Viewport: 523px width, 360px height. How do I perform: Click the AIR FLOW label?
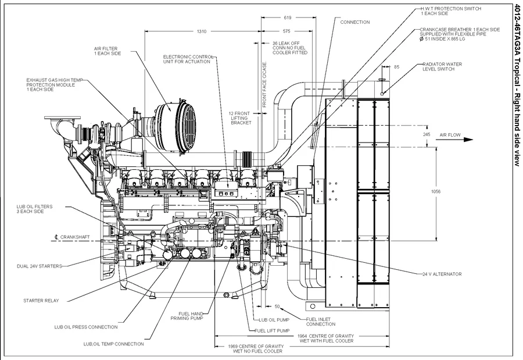point(450,135)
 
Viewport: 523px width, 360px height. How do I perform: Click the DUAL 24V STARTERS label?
point(39,266)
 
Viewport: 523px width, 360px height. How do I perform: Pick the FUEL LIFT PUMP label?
point(272,330)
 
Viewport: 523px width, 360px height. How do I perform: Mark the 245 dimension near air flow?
point(427,134)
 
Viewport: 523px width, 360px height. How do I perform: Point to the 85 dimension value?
point(396,67)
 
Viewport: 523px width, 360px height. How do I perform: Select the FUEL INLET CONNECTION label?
point(320,321)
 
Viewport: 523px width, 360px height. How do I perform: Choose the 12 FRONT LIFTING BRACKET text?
point(239,118)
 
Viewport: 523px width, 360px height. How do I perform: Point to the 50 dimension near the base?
point(277,306)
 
